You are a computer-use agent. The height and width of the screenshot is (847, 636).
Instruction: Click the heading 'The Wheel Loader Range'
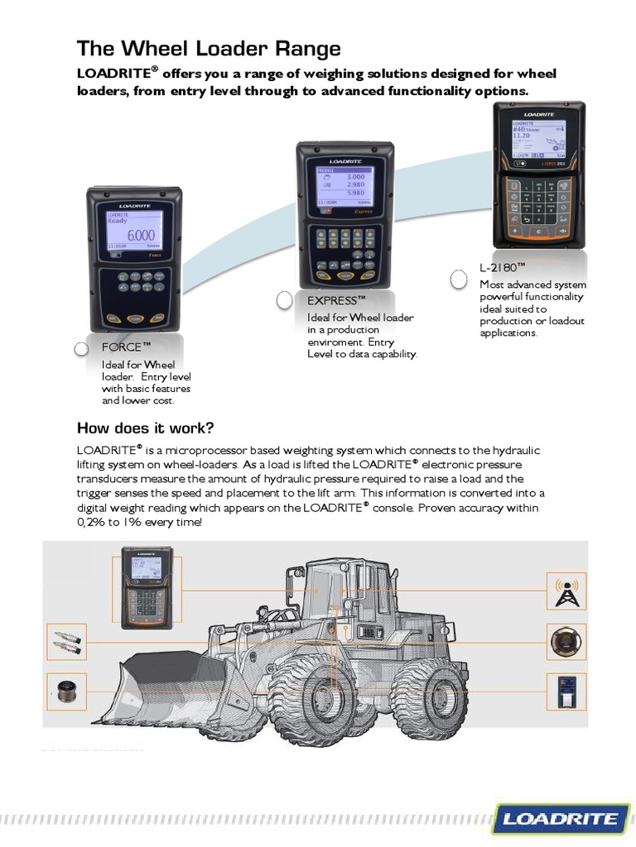pos(209,48)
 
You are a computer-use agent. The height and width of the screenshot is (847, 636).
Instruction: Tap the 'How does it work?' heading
pos(145,428)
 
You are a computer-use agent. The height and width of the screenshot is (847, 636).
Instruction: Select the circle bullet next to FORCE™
pos(81,348)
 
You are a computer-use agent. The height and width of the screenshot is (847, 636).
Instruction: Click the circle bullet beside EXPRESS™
pos(284,299)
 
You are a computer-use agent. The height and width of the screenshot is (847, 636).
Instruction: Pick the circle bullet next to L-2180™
pos(459,280)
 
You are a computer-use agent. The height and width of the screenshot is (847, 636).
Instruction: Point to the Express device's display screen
pos(345,189)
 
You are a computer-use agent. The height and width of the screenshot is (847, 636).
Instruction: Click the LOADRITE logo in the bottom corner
pos(560,819)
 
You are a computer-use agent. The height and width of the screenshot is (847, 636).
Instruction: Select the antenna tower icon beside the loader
pos(566,591)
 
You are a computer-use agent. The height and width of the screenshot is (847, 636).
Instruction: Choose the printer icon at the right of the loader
pos(566,691)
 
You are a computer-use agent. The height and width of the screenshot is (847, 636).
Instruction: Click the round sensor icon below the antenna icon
pos(566,642)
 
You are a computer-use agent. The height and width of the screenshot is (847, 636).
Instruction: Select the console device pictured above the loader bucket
pos(147,587)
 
